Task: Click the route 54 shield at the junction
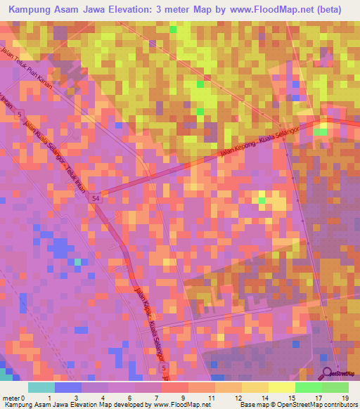pyautogui.click(x=94, y=200)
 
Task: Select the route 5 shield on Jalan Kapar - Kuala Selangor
pyautogui.click(x=163, y=368)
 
